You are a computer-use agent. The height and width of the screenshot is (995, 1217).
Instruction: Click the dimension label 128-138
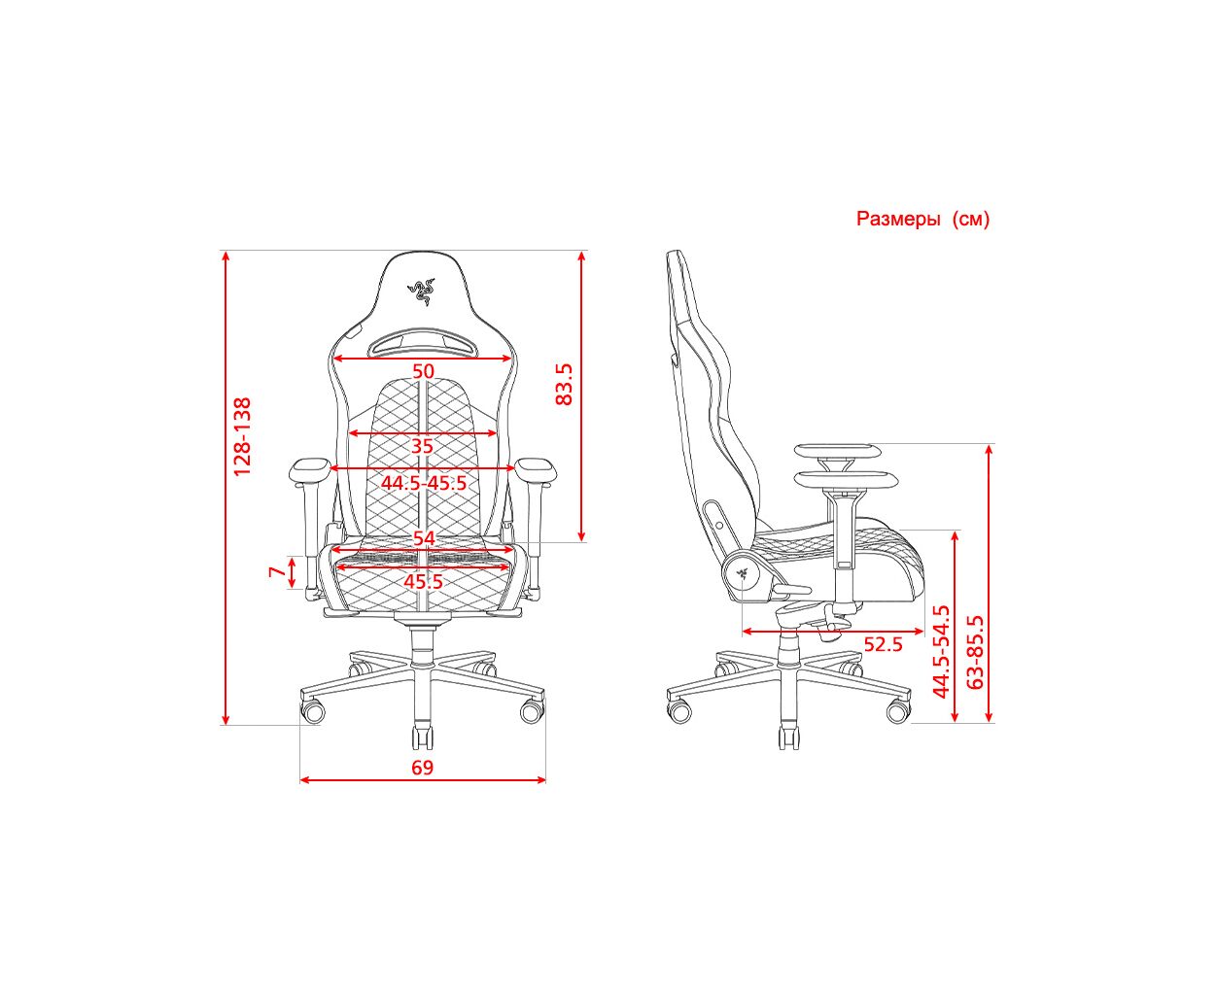pyautogui.click(x=242, y=436)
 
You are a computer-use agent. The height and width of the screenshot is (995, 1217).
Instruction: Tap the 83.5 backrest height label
pyautogui.click(x=564, y=384)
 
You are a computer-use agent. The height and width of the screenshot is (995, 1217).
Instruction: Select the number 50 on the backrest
pyautogui.click(x=423, y=371)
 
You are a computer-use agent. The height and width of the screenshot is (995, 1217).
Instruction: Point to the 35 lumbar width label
pyautogui.click(x=422, y=446)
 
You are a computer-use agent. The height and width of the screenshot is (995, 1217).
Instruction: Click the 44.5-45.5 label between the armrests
pyautogui.click(x=424, y=483)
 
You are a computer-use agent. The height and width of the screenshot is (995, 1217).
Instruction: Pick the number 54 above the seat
pyautogui.click(x=424, y=538)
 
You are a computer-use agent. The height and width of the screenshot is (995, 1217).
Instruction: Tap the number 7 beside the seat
pyautogui.click(x=278, y=571)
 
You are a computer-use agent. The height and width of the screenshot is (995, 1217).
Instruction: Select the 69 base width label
pyautogui.click(x=423, y=768)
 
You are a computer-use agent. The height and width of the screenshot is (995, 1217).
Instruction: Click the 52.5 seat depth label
pyautogui.click(x=883, y=643)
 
